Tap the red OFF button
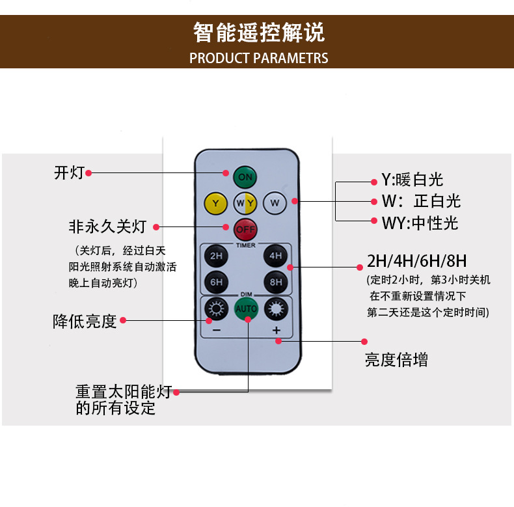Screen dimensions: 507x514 coord(245,229)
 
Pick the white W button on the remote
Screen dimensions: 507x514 coord(275,203)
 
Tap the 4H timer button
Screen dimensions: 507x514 coord(275,256)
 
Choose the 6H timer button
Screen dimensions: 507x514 coord(216,282)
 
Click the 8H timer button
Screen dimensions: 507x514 coord(275,282)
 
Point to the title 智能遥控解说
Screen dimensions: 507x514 coord(258,31)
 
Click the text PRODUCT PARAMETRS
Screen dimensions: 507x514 coord(258,59)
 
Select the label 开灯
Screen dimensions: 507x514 coord(69,173)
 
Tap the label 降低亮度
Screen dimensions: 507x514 coord(85,321)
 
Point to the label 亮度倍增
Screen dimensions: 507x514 coord(396,359)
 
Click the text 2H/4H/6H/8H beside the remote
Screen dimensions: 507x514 coord(416,262)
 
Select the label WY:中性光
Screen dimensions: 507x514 coord(420,223)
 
